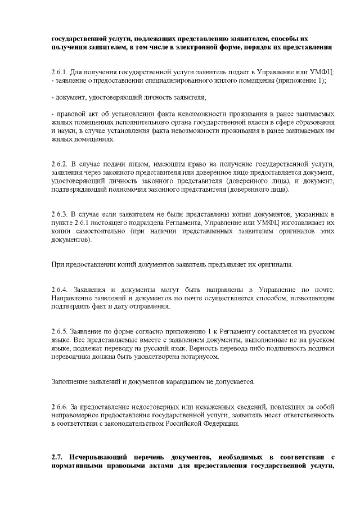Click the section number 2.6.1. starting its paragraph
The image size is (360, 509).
click(x=59, y=71)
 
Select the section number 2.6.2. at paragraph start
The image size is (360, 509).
click(x=59, y=163)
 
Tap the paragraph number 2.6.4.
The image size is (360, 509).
click(x=59, y=289)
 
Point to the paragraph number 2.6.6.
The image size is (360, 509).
click(x=59, y=406)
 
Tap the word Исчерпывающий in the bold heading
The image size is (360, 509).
click(x=99, y=457)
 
